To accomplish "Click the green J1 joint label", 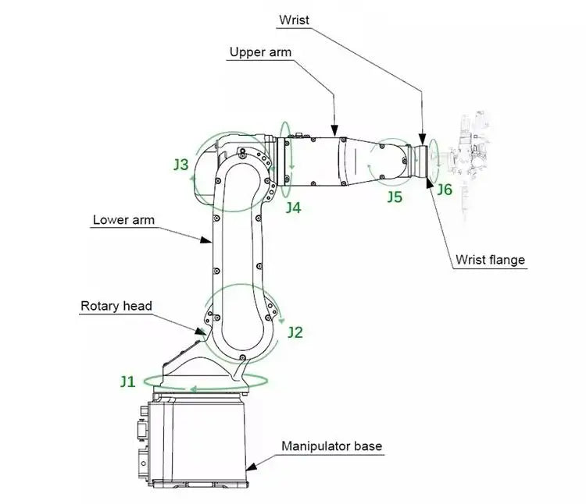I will (x=127, y=382).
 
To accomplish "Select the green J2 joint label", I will (x=295, y=332).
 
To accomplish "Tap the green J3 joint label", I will (x=180, y=165).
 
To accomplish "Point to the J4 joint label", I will (x=292, y=207).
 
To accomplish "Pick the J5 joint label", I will (x=395, y=197).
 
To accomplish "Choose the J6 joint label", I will (x=444, y=190).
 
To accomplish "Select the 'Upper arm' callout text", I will (x=260, y=52).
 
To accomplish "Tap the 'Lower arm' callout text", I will (x=123, y=220).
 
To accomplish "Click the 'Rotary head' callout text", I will (x=116, y=306).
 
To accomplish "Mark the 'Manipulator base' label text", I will (x=331, y=446).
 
